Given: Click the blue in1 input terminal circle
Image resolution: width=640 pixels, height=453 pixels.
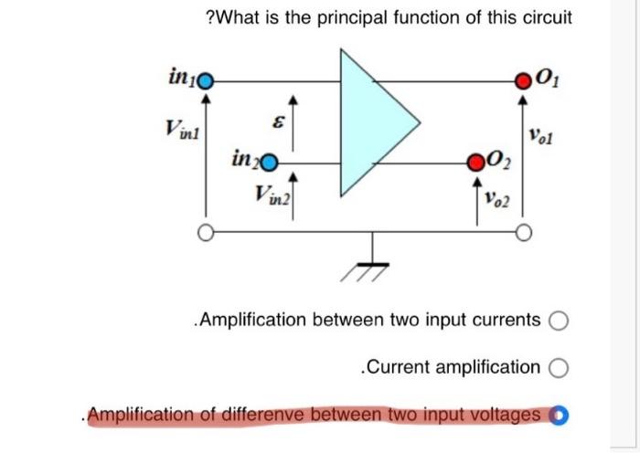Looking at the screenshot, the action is (206, 79).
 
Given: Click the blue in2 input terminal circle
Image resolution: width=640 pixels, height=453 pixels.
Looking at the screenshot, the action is (271, 165).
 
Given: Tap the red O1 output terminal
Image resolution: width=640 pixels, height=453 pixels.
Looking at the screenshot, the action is (523, 79).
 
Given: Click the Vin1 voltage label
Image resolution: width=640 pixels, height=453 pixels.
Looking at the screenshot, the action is (179, 130).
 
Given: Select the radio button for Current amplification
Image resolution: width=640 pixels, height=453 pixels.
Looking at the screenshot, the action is (560, 368).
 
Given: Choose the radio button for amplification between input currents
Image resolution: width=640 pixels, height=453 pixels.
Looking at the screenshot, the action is (560, 321).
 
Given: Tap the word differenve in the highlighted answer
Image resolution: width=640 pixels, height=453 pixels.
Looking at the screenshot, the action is (252, 416).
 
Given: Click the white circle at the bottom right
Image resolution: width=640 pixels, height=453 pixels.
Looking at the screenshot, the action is (523, 233).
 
